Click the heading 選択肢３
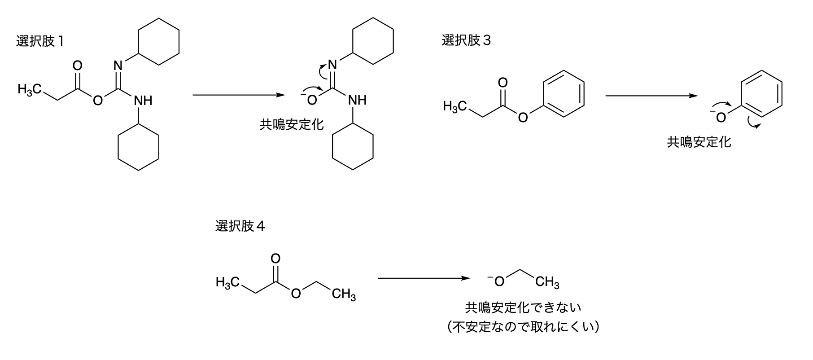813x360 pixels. click(466, 41)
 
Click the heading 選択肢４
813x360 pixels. click(240, 226)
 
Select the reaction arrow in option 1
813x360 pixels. click(238, 95)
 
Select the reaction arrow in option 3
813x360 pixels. click(651, 96)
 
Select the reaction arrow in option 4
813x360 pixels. click(424, 278)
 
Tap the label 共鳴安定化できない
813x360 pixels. click(523, 307)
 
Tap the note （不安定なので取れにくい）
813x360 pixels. click(523, 327)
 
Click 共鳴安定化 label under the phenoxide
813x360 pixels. click(699, 143)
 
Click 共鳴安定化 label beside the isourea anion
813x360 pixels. click(292, 124)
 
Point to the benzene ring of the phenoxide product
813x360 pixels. click(761, 93)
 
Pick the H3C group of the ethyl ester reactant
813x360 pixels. click(226, 282)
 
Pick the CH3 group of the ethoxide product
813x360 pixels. click(547, 282)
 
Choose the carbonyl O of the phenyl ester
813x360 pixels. click(503, 83)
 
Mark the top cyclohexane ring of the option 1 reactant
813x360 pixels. click(159, 42)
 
